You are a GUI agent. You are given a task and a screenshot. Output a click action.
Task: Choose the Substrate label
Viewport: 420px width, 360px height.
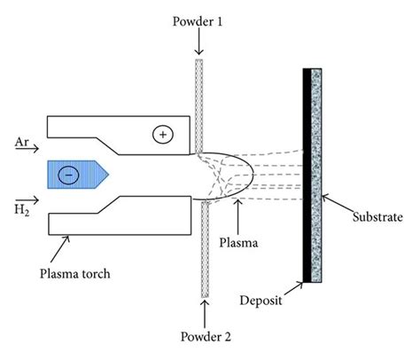click(x=377, y=215)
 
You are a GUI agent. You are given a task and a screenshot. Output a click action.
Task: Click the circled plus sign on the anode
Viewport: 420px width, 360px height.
click(x=160, y=135)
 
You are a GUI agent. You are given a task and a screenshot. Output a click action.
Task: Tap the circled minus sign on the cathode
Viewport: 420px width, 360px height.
click(x=66, y=175)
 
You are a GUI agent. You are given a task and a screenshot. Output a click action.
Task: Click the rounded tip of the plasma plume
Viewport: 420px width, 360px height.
click(x=256, y=175)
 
